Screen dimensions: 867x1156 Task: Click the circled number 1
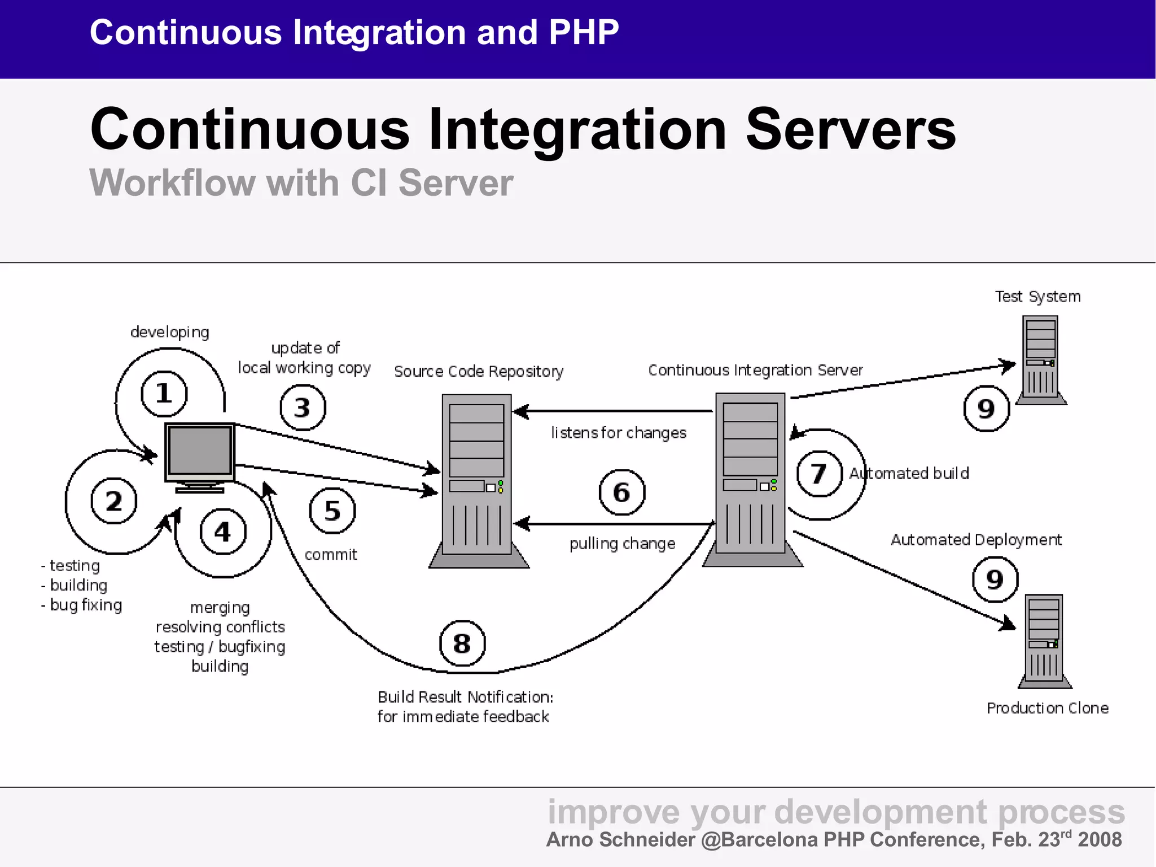pyautogui.click(x=164, y=393)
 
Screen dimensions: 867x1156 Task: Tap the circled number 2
pyautogui.click(x=114, y=501)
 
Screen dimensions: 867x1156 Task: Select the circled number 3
pyautogui.click(x=303, y=407)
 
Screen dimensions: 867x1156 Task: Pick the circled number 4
pyautogui.click(x=223, y=531)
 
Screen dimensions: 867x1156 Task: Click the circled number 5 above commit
pyautogui.click(x=332, y=511)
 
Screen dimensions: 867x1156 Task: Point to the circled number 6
pyautogui.click(x=621, y=492)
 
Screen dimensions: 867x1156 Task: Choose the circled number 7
pyautogui.click(x=819, y=473)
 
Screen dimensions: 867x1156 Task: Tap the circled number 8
pyautogui.click(x=462, y=643)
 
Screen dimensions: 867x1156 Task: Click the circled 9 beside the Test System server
pyautogui.click(x=986, y=408)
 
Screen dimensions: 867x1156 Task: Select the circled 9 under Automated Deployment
pyautogui.click(x=995, y=580)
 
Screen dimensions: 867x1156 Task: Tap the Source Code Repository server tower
pyautogui.click(x=478, y=480)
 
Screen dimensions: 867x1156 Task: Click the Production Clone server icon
pyautogui.click(x=1045, y=641)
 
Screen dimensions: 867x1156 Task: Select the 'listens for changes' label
pyautogui.click(x=619, y=433)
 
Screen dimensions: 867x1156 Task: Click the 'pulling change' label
pyautogui.click(x=622, y=543)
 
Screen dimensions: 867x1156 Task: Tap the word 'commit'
pyautogui.click(x=331, y=555)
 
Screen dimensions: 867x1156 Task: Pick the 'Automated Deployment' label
pyautogui.click(x=976, y=540)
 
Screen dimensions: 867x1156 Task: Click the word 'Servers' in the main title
pyautogui.click(x=851, y=129)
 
